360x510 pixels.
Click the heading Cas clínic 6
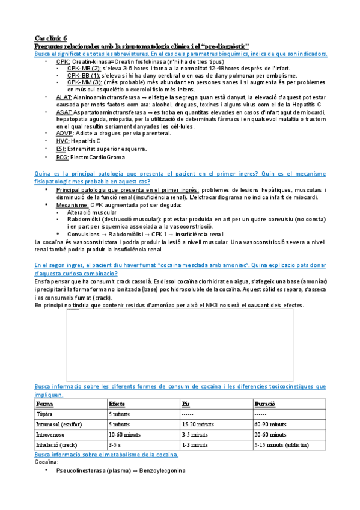tap(51, 38)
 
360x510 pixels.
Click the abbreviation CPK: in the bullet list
tap(63, 61)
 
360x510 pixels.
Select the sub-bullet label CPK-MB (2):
tap(84, 69)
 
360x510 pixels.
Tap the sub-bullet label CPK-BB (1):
tap(84, 76)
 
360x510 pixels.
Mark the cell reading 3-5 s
tap(115, 445)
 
